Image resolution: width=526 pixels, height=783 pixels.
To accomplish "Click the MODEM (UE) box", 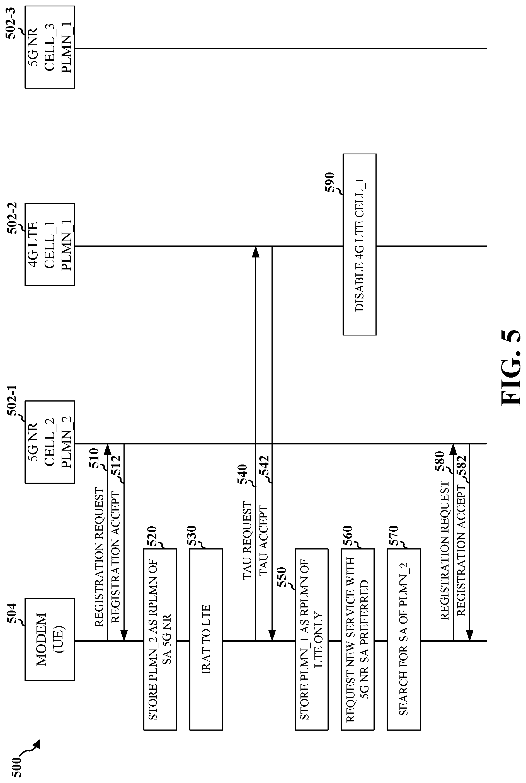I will (50, 639).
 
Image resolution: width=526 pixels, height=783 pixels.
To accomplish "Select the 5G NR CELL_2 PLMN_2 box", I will (50, 442).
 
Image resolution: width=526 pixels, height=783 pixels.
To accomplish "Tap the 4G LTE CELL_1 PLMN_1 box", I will (50, 244).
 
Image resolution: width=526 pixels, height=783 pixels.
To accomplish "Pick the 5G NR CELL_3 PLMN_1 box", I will (50, 47).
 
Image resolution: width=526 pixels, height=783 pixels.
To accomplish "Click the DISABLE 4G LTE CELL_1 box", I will (359, 244).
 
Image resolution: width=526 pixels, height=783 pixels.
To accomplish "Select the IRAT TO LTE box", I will (206, 639).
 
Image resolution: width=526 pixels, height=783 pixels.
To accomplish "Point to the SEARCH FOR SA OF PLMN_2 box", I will (404, 639).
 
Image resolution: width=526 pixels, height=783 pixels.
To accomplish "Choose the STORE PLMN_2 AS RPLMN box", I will (160, 639).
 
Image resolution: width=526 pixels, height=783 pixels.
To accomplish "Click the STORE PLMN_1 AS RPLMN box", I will (311, 639).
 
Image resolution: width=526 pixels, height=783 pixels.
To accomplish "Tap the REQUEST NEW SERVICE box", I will (357, 639).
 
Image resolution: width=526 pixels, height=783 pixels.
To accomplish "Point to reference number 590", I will (330, 182).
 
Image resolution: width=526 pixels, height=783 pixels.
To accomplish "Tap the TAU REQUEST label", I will (247, 540).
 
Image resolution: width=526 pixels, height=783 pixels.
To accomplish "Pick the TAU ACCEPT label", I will (264, 540).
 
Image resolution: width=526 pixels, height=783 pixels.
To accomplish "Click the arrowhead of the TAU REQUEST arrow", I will (256, 252).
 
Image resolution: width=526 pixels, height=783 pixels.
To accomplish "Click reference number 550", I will (282, 577).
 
